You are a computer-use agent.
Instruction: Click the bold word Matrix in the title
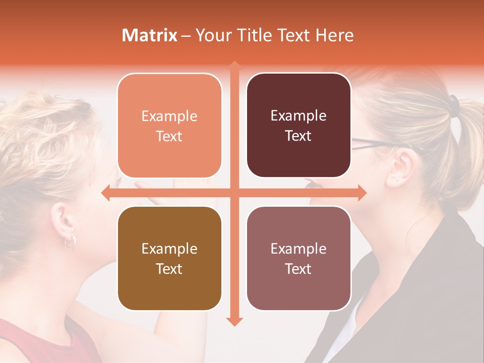point(150,35)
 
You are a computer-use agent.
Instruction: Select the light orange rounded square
point(169,126)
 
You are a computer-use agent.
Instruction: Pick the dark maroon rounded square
point(298,125)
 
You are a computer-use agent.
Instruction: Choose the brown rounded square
point(169,258)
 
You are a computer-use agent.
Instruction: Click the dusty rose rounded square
point(298,258)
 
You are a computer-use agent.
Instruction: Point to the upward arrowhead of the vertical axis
point(234,65)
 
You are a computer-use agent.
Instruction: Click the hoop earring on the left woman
point(71,241)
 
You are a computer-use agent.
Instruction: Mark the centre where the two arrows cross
point(234,193)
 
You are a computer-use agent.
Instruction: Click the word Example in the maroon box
point(298,115)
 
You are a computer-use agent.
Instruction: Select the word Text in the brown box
point(169,269)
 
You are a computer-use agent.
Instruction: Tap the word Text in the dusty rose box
point(298,269)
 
